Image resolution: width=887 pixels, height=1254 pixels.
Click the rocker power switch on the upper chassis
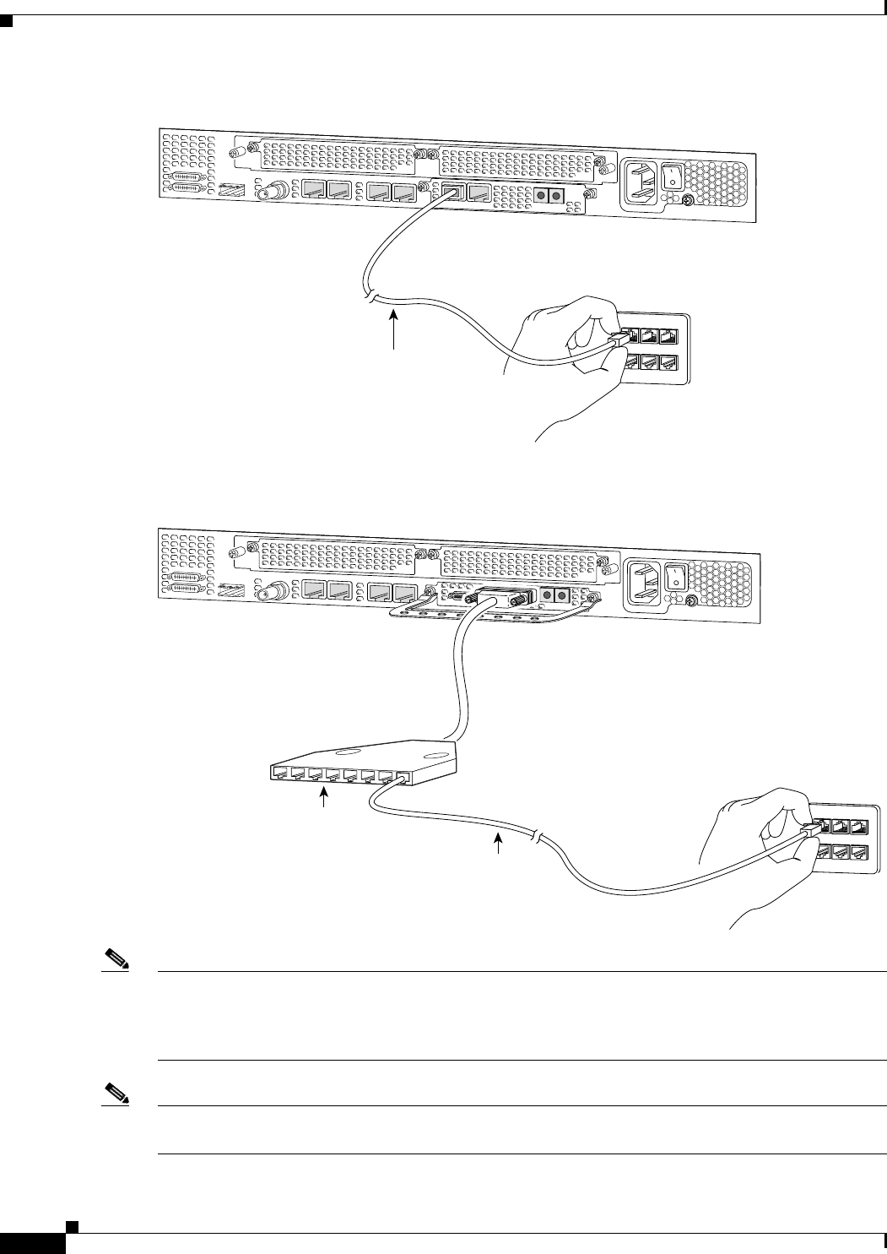pyautogui.click(x=672, y=175)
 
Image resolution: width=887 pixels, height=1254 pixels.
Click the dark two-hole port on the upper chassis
pyautogui.click(x=545, y=196)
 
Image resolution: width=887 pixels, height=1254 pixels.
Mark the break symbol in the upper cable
pyautogui.click(x=371, y=296)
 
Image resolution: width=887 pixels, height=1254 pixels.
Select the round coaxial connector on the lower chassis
pyautogui.click(x=274, y=593)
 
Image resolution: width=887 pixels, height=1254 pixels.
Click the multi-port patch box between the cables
pyautogui.click(x=363, y=760)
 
